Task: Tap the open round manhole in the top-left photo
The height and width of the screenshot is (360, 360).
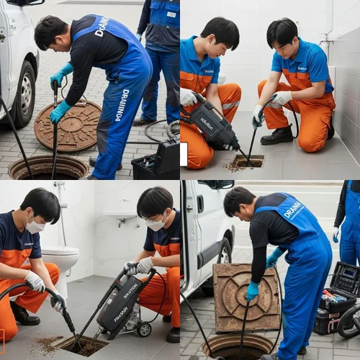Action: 48,168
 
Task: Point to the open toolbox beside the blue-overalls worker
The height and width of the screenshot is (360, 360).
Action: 336,301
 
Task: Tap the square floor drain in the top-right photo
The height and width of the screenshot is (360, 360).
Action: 246,161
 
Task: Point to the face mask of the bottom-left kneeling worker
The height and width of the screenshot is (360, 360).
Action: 34,226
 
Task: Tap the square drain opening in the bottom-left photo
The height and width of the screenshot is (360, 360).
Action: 81,345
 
